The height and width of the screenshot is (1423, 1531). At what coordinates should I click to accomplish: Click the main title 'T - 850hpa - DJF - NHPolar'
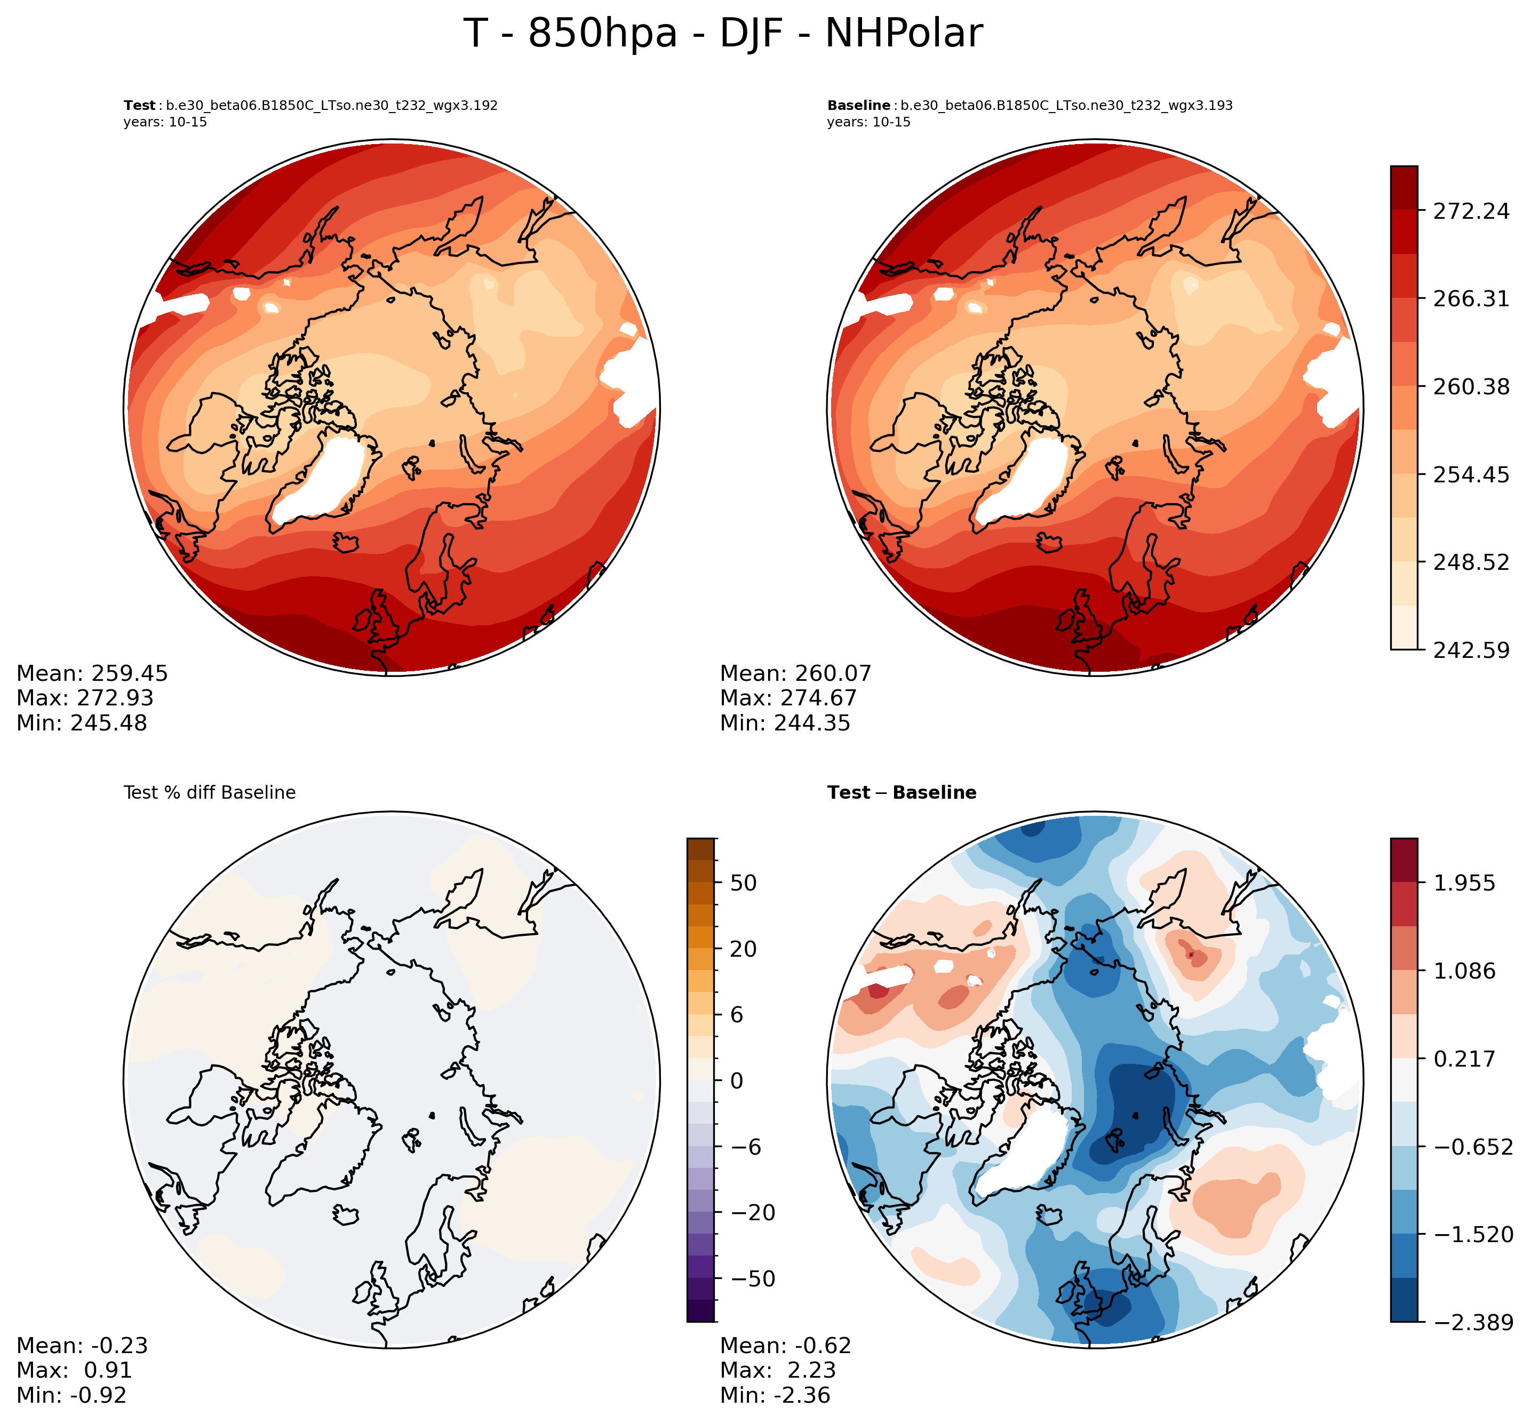coord(723,34)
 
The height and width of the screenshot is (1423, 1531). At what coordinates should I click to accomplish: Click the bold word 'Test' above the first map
coord(139,106)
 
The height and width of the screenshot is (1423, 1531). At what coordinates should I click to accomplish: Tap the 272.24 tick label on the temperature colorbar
coord(1471,211)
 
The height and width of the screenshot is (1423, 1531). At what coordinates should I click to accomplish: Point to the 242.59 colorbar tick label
coord(1471,650)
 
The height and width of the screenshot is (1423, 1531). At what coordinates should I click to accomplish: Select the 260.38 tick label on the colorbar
coord(1471,386)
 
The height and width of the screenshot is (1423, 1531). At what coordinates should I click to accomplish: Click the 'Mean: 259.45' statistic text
coord(92,674)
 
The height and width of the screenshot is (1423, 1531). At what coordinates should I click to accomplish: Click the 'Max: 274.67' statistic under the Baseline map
coord(788,698)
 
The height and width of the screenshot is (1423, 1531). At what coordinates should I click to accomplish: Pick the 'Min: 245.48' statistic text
coord(82,723)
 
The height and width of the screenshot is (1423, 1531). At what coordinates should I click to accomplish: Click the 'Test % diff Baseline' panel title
coord(209,792)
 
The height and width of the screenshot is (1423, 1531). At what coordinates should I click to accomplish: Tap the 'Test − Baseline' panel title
coord(902,792)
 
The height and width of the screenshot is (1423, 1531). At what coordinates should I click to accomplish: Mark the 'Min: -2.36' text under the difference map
coord(775,1395)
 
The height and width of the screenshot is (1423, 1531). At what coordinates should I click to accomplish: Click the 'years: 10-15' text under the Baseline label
coord(869,122)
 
